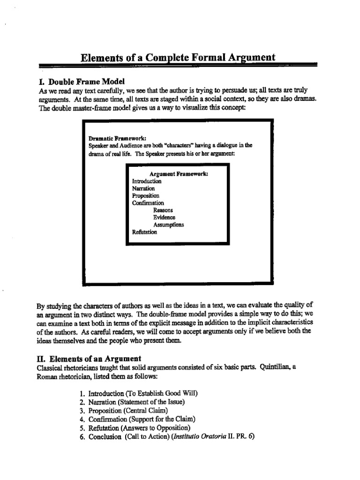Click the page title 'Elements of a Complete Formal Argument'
pos(178,58)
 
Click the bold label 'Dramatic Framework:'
pos(117,138)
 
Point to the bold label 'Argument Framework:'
pos(179,174)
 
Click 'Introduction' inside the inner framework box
pos(147,181)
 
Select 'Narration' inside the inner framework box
pos(143,188)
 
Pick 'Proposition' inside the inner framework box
pos(145,195)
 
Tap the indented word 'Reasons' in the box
pos(163,210)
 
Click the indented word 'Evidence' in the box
pos(164,217)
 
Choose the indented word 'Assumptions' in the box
pos(168,225)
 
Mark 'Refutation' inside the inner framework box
pos(145,232)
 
